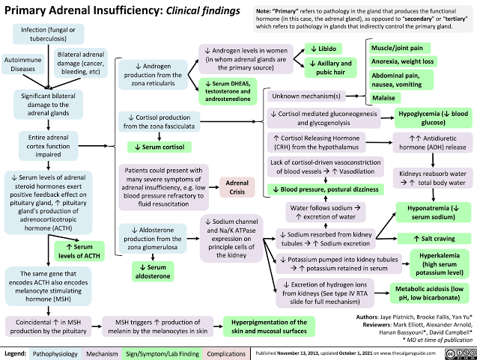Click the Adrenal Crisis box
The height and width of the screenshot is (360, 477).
(231, 186)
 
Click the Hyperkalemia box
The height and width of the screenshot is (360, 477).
(424, 264)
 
